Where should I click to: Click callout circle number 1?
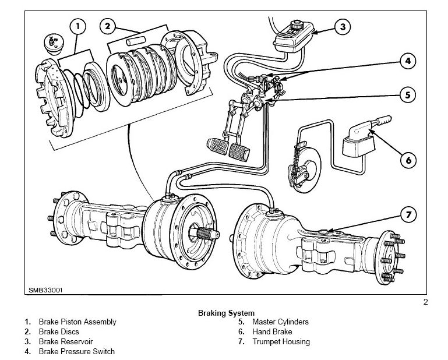coord(77,26)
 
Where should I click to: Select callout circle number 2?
coord(108,26)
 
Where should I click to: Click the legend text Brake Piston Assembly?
coord(77,322)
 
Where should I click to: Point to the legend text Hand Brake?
coord(271,332)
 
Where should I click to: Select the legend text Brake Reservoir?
coord(66,342)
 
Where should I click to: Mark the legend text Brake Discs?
coord(59,332)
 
